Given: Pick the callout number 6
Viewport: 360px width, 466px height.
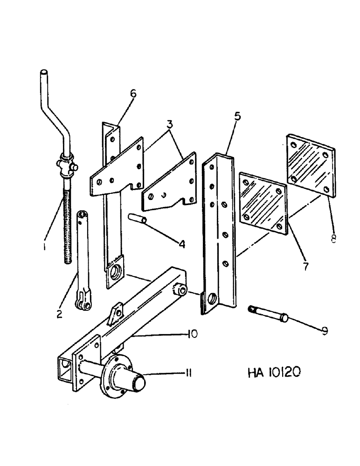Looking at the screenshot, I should [133, 94].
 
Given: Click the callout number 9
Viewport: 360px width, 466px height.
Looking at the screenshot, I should [325, 331].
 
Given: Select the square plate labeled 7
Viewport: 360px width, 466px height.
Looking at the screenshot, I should [263, 203].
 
